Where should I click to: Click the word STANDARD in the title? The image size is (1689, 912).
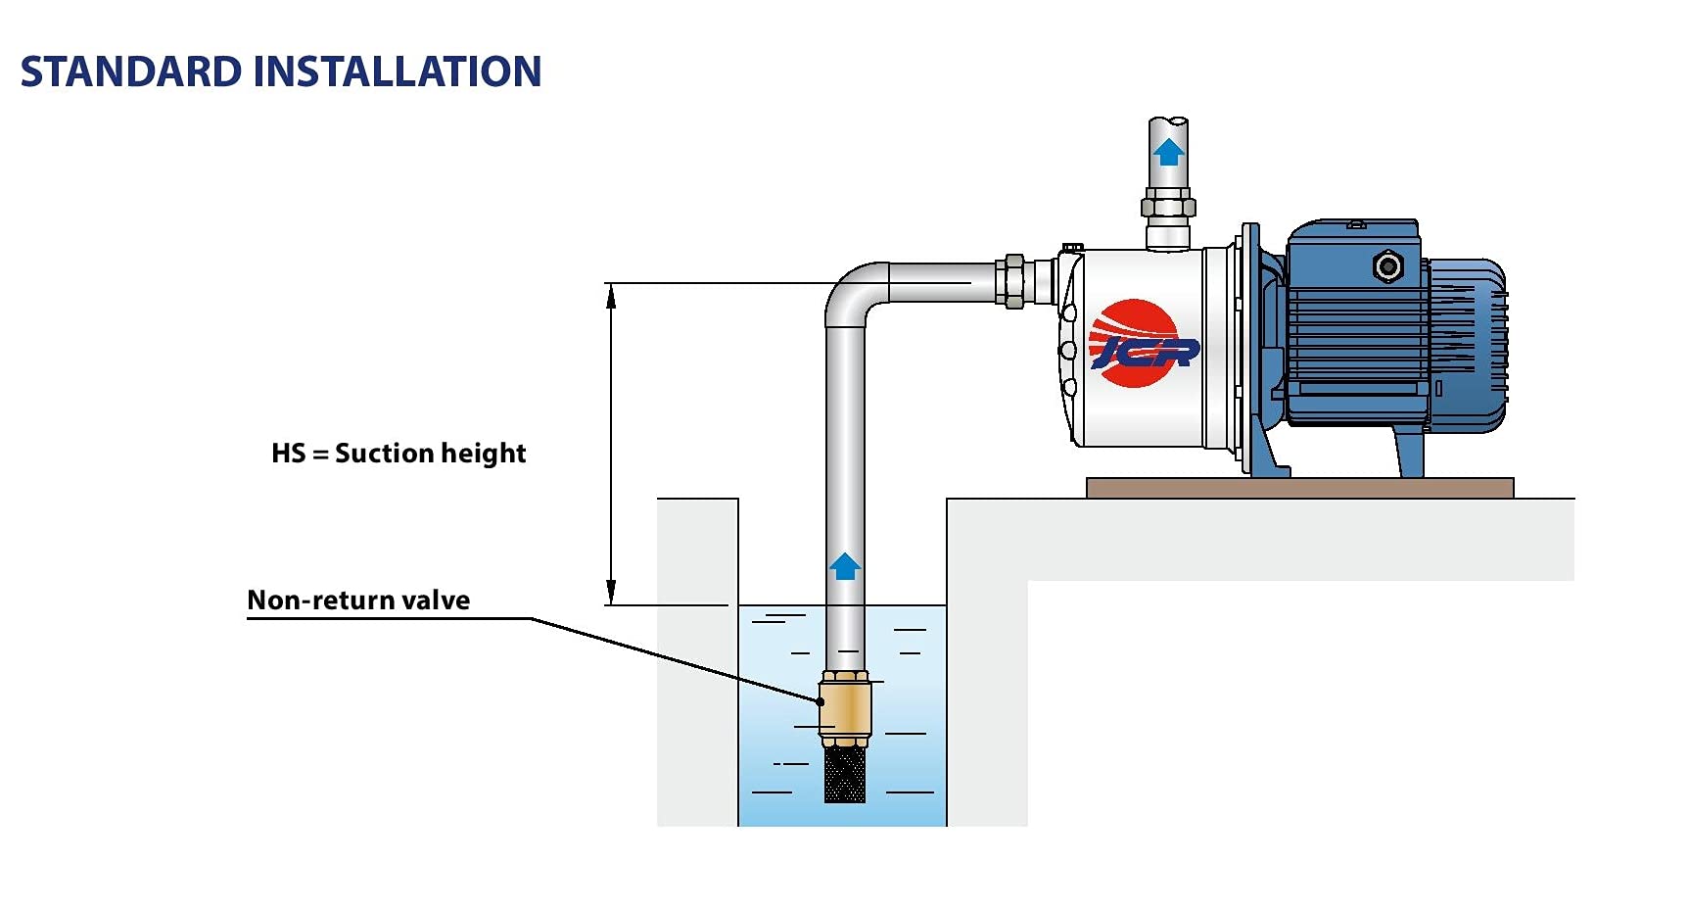130,72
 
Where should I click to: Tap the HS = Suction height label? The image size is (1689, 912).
399,454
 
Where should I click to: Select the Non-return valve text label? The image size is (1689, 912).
358,600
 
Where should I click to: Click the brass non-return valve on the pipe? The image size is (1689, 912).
845,708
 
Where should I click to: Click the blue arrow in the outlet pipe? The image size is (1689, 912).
1168,152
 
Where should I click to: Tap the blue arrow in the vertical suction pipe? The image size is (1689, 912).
845,565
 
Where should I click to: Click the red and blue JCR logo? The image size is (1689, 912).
1141,344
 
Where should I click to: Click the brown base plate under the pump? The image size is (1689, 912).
1299,488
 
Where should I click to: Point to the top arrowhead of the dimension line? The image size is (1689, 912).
611,295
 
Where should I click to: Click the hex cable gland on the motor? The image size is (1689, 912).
1386,264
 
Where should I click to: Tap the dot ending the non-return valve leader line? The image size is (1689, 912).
821,701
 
